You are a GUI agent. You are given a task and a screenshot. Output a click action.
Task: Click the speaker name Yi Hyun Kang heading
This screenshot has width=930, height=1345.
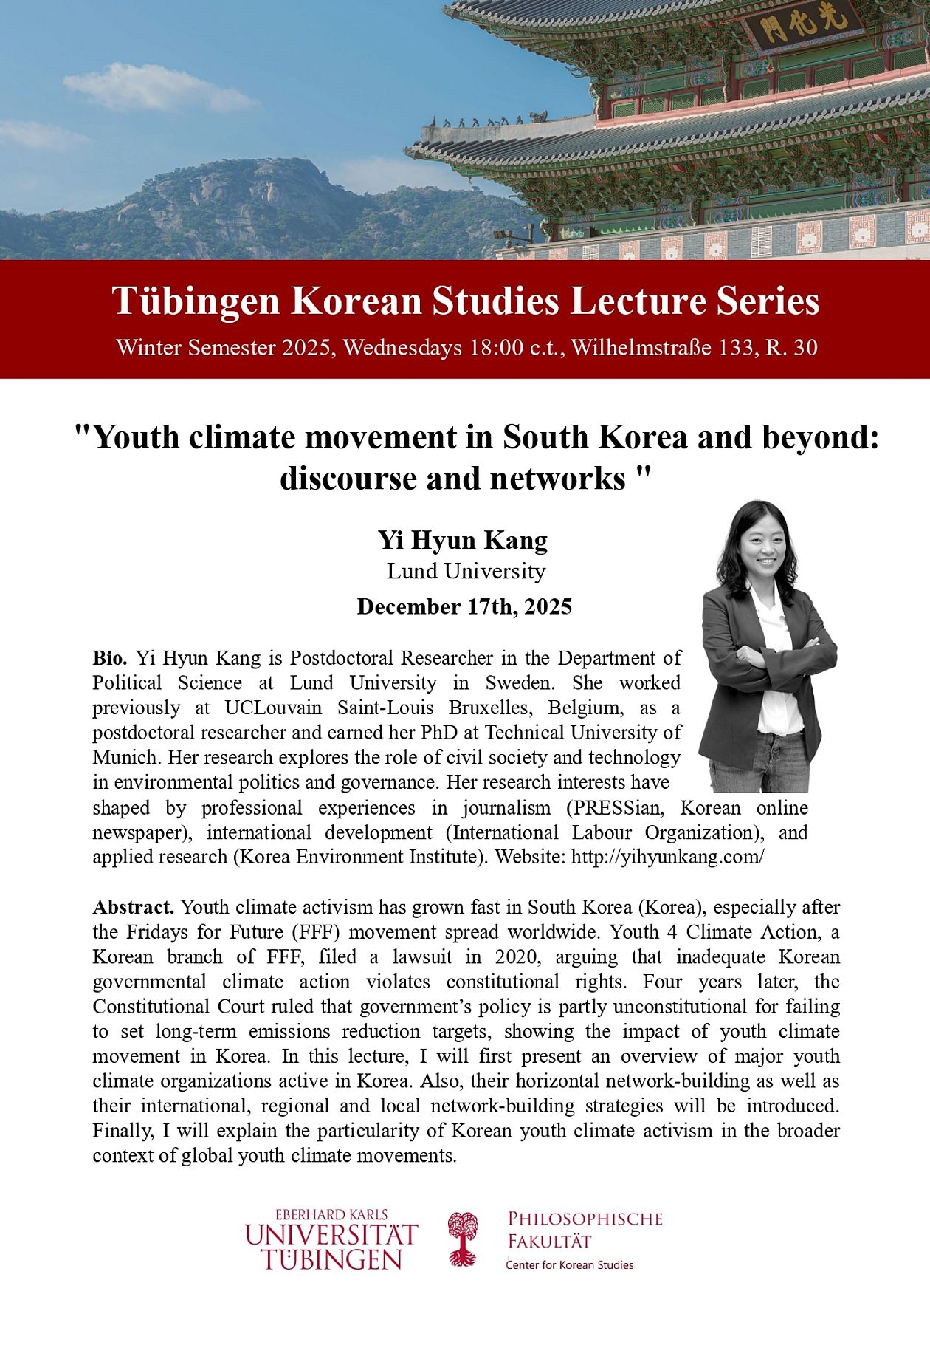click(x=463, y=540)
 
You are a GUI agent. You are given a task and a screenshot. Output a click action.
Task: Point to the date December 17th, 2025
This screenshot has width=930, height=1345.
click(x=464, y=606)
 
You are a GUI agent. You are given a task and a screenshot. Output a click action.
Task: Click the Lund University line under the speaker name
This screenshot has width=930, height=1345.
click(x=466, y=571)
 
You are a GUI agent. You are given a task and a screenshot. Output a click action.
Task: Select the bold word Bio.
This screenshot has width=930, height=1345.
click(x=110, y=657)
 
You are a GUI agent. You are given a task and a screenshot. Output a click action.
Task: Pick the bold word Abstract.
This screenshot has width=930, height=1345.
click(x=133, y=906)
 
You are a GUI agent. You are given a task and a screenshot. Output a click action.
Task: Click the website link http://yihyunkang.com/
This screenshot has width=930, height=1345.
click(x=667, y=857)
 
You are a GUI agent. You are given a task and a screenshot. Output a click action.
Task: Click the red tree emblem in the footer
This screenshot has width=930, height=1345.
click(x=463, y=1239)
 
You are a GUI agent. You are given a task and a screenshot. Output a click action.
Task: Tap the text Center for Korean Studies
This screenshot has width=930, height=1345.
click(x=569, y=1264)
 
